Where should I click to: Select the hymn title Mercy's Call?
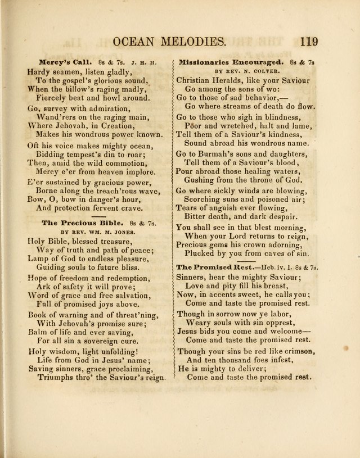point(62,62)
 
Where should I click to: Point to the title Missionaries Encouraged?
point(223,62)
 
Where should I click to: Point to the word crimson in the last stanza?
point(297,351)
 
